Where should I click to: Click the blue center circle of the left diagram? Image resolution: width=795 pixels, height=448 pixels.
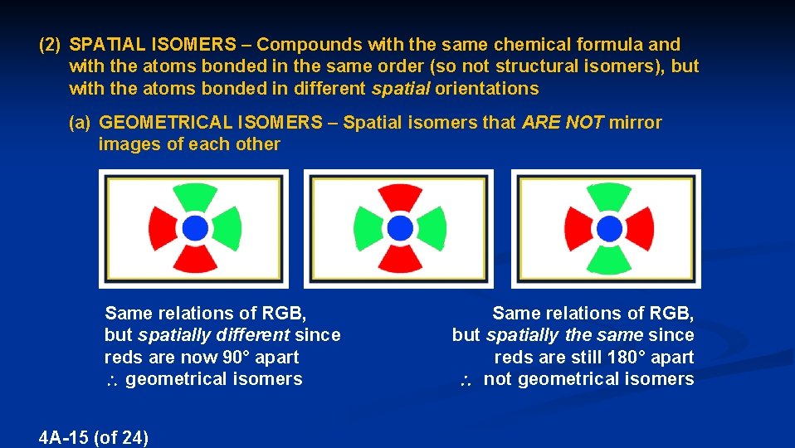[194, 226]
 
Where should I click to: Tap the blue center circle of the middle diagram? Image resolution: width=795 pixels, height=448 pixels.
[400, 226]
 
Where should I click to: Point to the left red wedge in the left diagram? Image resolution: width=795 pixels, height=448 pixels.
[163, 226]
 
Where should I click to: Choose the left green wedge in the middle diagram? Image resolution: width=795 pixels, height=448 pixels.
[368, 226]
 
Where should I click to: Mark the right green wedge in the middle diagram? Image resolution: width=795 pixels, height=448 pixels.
[432, 226]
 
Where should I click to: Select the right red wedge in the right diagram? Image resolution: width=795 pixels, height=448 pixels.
[641, 226]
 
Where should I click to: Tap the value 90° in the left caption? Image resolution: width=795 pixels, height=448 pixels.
[241, 358]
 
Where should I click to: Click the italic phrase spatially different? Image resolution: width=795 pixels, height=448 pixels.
[214, 335]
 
